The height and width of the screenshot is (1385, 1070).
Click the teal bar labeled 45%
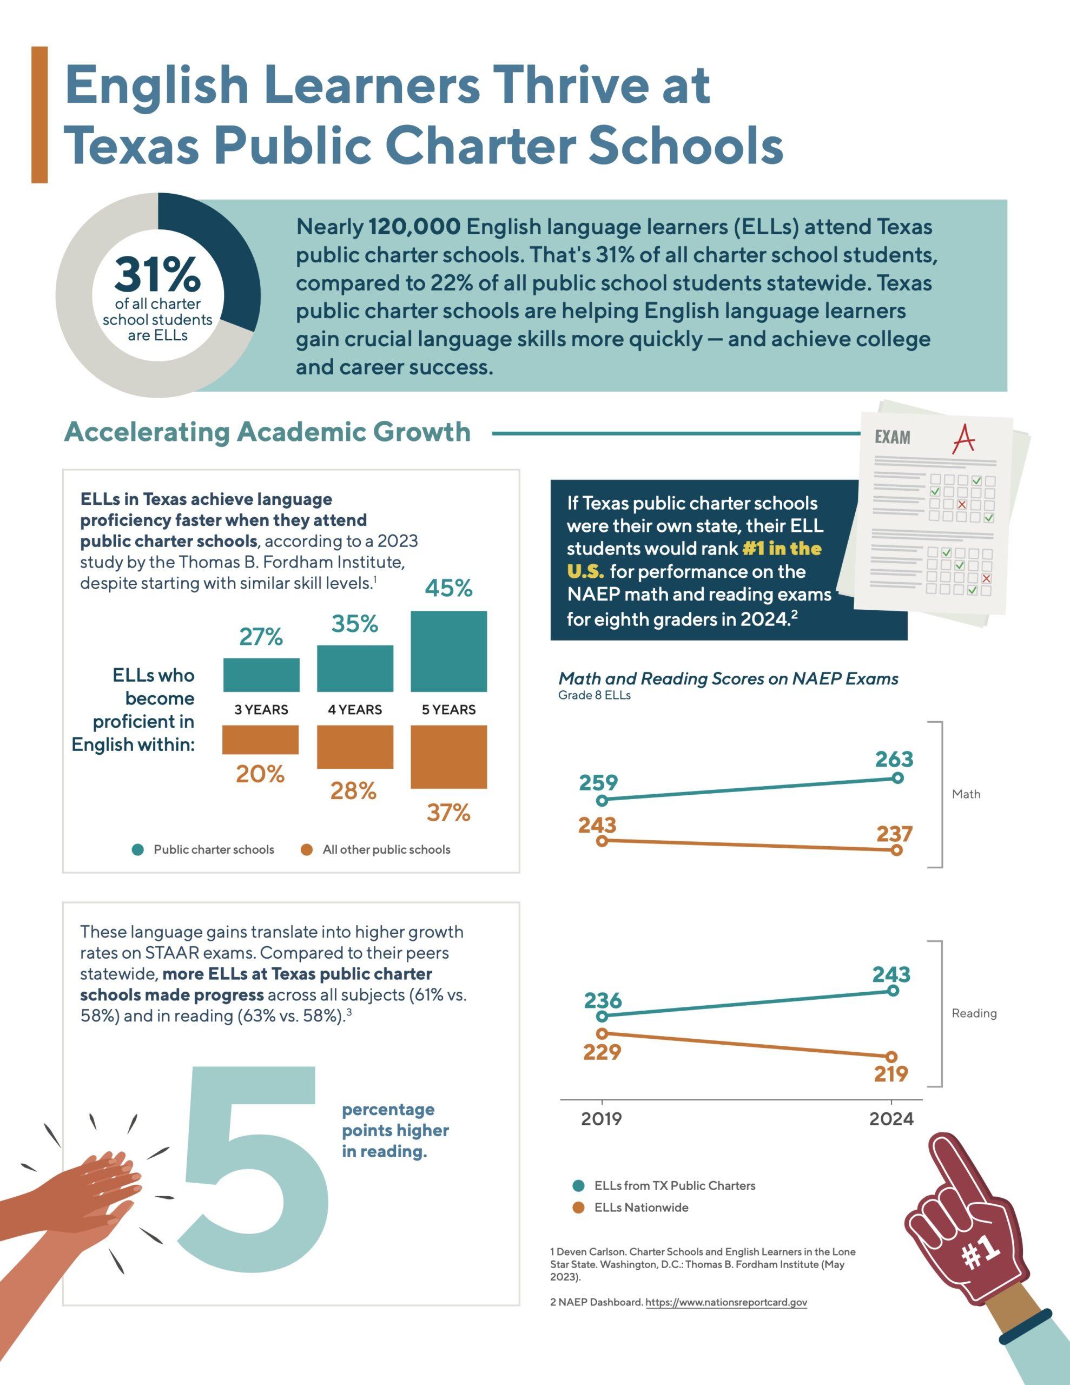[448, 651]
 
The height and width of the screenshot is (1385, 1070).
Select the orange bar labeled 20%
[260, 740]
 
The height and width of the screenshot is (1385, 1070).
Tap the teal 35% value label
[354, 624]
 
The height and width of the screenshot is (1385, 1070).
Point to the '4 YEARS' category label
[354, 710]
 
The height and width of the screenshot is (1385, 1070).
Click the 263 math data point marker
[897, 778]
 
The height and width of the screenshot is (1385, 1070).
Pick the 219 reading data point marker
[891, 1057]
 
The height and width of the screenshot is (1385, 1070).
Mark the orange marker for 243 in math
[602, 841]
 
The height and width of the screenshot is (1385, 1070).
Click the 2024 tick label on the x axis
[891, 1119]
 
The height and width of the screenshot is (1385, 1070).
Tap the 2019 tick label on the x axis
[602, 1119]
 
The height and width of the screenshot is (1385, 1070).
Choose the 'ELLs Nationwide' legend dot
[578, 1208]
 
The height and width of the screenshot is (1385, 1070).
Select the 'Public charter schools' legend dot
[137, 850]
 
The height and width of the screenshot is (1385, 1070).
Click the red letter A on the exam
[964, 439]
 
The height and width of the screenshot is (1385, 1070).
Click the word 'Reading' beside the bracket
[974, 1013]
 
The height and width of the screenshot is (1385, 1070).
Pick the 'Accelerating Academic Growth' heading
[267, 432]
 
